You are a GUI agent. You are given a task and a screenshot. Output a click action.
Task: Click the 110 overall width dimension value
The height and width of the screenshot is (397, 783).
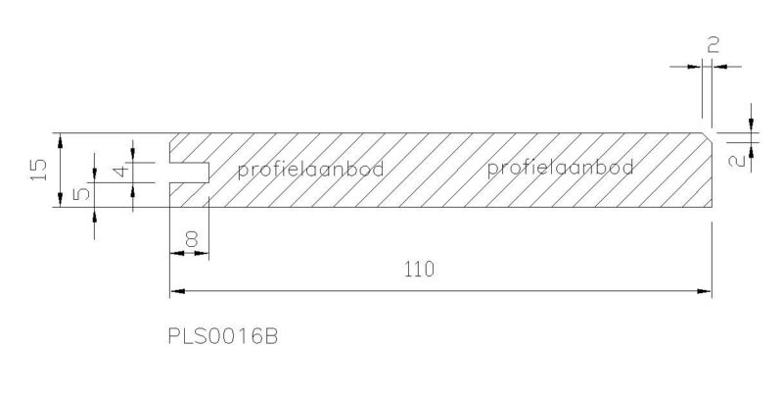coord(419,270)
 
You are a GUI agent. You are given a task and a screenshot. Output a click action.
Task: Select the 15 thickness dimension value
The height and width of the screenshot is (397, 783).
coord(38,170)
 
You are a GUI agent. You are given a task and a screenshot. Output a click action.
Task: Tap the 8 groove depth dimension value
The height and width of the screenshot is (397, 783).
coord(191,240)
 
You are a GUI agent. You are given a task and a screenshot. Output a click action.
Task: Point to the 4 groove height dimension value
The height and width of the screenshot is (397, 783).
coord(120,172)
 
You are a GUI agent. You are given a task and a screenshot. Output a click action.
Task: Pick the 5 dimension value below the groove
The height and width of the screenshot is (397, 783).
coord(82,192)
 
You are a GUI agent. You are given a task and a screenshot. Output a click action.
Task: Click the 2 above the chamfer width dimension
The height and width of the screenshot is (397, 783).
coord(714,45)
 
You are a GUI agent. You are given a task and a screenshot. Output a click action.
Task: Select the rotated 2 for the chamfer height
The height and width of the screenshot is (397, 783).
coord(739,162)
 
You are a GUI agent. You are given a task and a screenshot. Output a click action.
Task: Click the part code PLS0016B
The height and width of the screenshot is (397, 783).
coord(223,336)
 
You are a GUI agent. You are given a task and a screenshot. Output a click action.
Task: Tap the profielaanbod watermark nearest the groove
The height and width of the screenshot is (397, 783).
coord(310,170)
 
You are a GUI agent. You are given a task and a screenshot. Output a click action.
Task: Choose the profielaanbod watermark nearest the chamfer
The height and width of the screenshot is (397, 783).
coord(560,168)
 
